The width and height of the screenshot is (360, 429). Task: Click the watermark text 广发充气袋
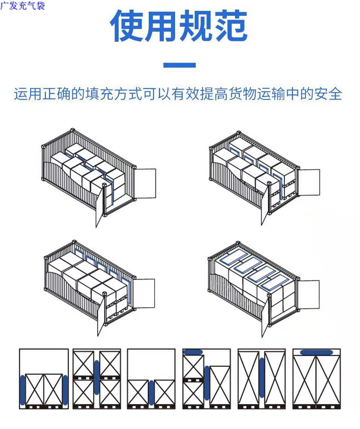click(23, 6)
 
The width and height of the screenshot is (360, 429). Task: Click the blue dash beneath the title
click(180, 65)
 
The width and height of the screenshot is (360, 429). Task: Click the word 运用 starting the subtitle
click(27, 94)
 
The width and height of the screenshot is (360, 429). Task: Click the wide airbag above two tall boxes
click(317, 353)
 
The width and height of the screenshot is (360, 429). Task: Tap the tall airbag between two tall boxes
click(262, 378)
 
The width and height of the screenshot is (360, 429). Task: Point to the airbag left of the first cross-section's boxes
click(23, 390)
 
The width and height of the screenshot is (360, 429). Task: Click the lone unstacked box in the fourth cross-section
click(220, 385)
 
